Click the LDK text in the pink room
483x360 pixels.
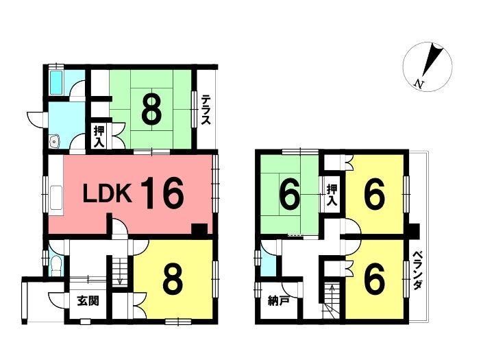pos(108,193)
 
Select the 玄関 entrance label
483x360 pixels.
pos(88,300)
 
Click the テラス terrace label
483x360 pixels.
pos(206,110)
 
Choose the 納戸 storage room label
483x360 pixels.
pos(278,300)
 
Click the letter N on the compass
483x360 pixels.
pos(418,84)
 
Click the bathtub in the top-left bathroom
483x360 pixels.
pos(56,82)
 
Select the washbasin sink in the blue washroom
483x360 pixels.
pos(55,142)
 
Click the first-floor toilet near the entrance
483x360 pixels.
pos(56,265)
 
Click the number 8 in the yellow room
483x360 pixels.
pos(173,280)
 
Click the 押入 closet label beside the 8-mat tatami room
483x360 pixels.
pos(99,136)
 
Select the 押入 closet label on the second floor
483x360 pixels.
pos(332,195)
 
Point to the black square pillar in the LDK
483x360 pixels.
pos(199,230)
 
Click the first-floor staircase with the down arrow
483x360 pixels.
pos(119,271)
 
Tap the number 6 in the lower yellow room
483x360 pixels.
pos(374,280)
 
